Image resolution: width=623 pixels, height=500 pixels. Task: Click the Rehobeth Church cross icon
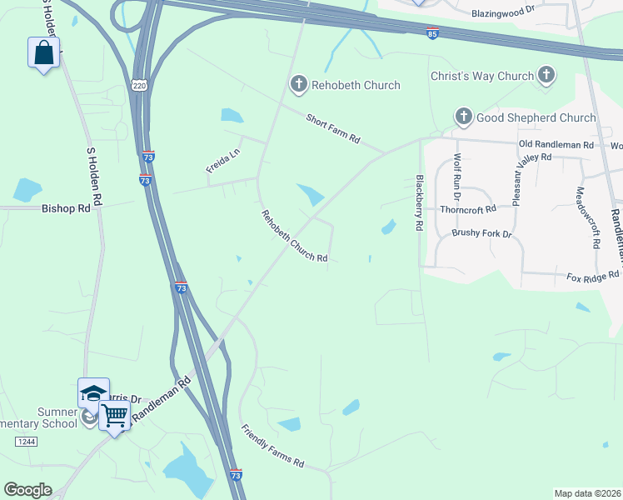tap(298, 84)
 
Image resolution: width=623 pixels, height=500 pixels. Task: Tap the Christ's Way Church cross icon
tap(546, 76)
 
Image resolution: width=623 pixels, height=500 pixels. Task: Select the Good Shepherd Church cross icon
tap(463, 117)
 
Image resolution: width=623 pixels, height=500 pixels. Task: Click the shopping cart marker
tap(115, 414)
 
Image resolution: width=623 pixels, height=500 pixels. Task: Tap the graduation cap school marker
tap(93, 392)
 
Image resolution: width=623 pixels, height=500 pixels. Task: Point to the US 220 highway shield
tap(138, 85)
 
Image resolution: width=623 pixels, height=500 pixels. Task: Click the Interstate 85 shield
tap(431, 34)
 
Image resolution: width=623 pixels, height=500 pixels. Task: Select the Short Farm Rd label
tap(332, 128)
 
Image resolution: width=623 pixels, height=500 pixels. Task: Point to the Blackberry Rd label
tap(419, 203)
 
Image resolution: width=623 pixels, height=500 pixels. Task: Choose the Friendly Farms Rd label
tap(272, 446)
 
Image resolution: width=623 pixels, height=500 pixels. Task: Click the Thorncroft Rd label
tap(467, 208)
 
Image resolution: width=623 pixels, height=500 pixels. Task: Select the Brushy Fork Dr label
tap(481, 233)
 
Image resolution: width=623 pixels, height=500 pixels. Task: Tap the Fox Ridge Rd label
tap(593, 275)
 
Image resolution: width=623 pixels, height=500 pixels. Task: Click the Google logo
tap(27, 490)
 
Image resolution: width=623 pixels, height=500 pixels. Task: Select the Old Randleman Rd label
tap(556, 144)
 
